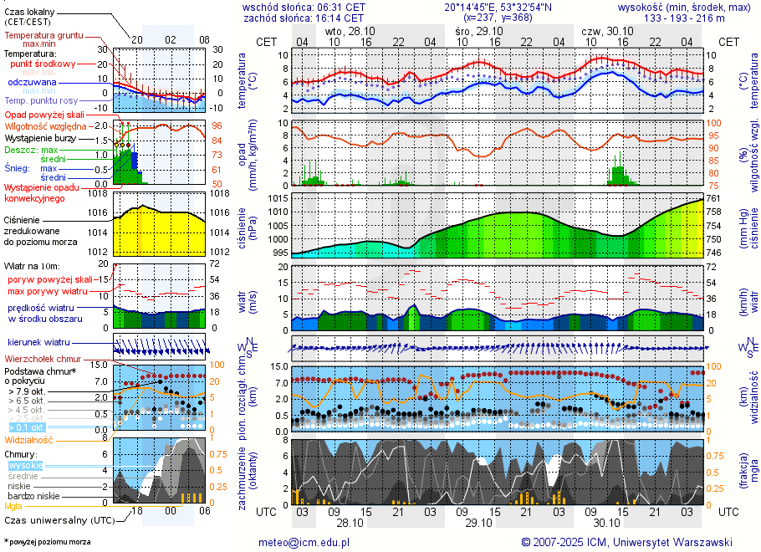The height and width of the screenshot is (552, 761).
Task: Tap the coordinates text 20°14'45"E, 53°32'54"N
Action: (x=497, y=6)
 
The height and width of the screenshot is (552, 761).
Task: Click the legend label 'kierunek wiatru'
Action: (x=38, y=343)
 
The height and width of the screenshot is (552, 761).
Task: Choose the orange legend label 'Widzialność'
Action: (x=29, y=439)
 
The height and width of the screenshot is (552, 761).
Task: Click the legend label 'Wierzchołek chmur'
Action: (x=43, y=358)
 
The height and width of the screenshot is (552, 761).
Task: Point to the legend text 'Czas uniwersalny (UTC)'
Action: (x=58, y=520)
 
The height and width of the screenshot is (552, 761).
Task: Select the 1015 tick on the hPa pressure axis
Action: (x=278, y=198)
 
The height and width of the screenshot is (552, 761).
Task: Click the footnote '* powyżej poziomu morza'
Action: (x=47, y=542)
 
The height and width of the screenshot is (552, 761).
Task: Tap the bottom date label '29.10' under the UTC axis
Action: (x=478, y=524)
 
